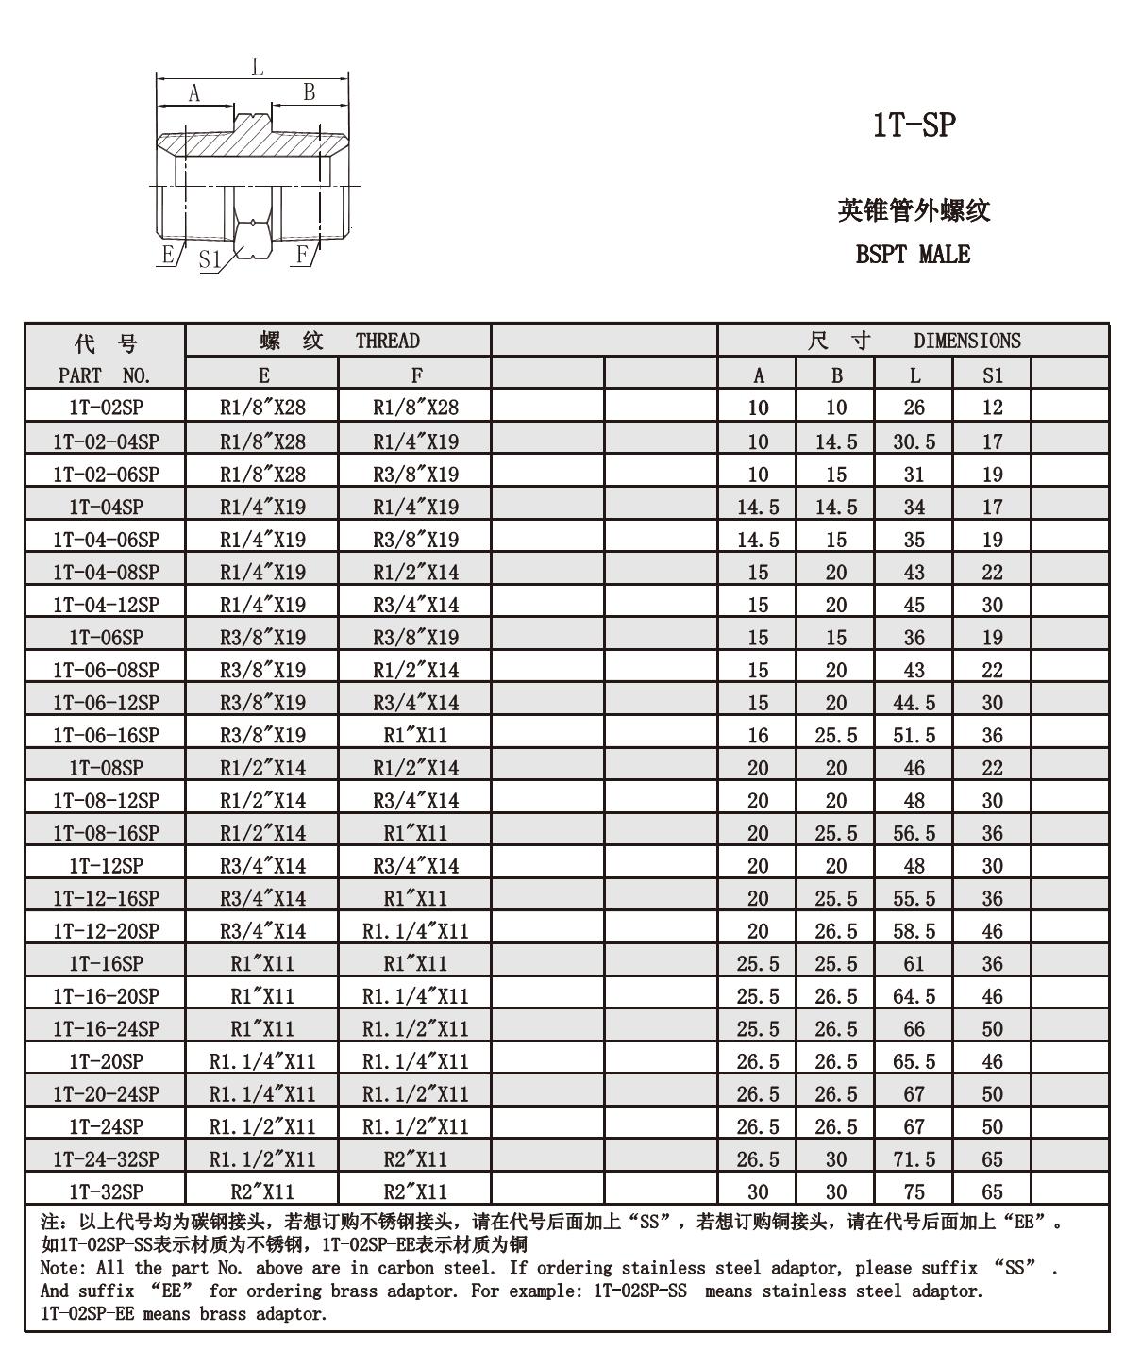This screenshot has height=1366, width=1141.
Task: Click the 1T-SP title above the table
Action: (914, 125)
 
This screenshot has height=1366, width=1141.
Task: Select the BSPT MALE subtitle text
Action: (913, 255)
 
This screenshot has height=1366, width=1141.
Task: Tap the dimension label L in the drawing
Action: (257, 67)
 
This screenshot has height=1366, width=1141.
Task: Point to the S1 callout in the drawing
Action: (210, 259)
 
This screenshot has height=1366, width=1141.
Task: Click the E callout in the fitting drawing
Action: (168, 254)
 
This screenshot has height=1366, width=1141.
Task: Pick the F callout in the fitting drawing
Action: (302, 254)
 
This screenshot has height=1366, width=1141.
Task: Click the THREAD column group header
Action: (387, 341)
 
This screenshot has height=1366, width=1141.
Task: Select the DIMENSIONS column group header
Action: (966, 341)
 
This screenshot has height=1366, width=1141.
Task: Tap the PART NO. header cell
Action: (105, 375)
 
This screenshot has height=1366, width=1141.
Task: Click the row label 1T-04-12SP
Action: (106, 605)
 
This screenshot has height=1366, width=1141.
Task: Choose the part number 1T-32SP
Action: (106, 1191)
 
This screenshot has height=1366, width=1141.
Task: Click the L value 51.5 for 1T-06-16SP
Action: (914, 736)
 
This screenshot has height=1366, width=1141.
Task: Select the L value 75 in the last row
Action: (914, 1191)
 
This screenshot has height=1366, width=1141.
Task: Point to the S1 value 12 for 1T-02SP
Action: (992, 408)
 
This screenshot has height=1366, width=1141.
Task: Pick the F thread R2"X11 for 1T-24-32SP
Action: (415, 1159)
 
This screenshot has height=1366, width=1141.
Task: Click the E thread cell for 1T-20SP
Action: (262, 1061)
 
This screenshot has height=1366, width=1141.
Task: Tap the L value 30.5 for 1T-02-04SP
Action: (914, 441)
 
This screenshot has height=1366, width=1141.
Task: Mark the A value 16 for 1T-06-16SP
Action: (758, 736)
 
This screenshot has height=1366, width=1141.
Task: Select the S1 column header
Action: (992, 375)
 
